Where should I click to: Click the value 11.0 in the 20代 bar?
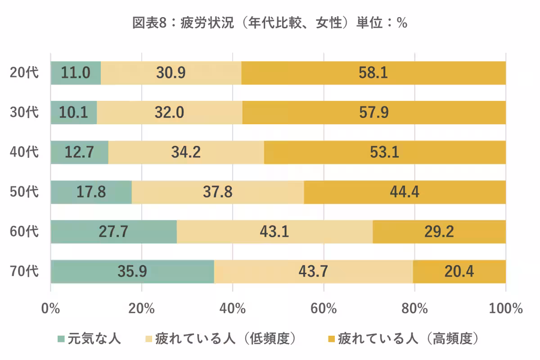(x=76, y=73)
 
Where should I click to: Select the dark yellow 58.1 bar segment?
(x=373, y=73)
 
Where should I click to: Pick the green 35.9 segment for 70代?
(x=132, y=271)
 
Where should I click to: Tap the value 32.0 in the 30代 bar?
(x=170, y=112)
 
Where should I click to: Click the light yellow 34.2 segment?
(x=186, y=152)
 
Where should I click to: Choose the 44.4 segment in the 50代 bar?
(x=405, y=192)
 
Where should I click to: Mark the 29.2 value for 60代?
(x=439, y=232)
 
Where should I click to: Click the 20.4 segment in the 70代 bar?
(x=459, y=271)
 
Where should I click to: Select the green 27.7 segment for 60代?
(x=113, y=232)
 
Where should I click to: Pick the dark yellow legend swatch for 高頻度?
(x=331, y=338)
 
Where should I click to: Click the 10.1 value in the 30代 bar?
(x=73, y=112)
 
